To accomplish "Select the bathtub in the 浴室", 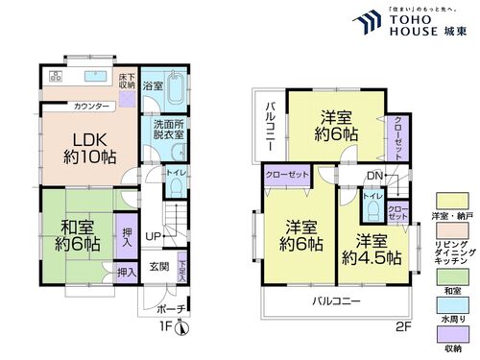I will pos(177,88).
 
